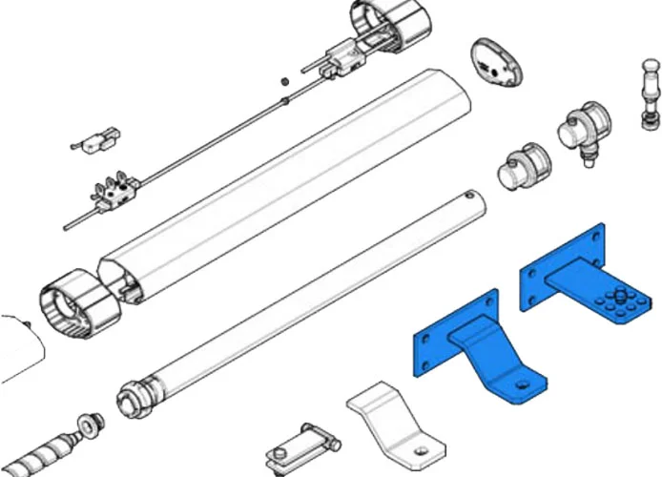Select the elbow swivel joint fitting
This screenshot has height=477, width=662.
(583, 133)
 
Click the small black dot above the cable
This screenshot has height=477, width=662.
(283, 81)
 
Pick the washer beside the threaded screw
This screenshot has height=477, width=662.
(87, 423)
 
